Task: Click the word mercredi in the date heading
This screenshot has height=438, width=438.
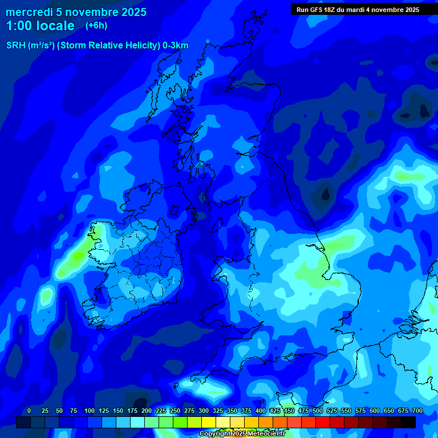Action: click(x=30, y=12)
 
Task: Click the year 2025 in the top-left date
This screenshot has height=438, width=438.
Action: click(x=131, y=12)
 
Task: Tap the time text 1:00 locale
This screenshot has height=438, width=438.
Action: click(x=40, y=26)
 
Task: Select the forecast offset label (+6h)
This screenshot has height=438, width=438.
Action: click(x=96, y=26)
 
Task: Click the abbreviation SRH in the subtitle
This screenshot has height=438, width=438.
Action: click(x=16, y=46)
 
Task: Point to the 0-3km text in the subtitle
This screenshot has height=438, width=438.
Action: click(x=176, y=46)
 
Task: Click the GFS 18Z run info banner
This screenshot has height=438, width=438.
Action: click(x=358, y=10)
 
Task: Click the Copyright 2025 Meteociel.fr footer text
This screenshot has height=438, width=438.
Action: click(x=242, y=434)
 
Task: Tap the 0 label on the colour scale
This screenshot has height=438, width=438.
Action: click(x=29, y=411)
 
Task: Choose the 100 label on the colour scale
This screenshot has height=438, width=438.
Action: click(x=90, y=411)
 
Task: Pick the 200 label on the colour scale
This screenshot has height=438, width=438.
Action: click(x=147, y=411)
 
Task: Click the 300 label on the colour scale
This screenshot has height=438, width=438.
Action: click(x=204, y=411)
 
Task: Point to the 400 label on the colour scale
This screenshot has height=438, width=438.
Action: click(x=261, y=411)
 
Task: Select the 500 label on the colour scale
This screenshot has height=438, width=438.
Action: click(x=318, y=411)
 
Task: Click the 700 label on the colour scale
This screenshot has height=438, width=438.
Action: click(x=417, y=411)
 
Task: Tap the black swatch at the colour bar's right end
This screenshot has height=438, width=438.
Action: click(x=408, y=422)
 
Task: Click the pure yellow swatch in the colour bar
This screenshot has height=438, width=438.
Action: click(x=209, y=422)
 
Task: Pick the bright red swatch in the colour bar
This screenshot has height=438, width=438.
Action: click(x=323, y=422)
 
